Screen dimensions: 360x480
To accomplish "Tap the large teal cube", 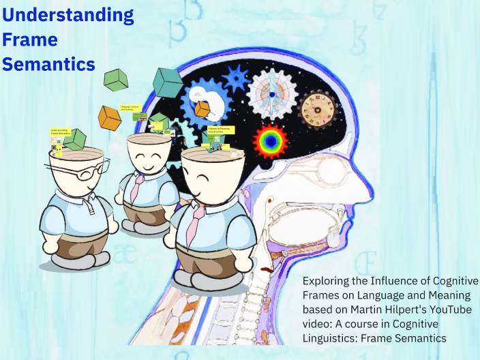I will [x=167, y=82].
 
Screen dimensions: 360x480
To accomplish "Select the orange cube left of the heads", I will [x=109, y=117].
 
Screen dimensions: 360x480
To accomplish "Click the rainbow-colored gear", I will [x=270, y=141].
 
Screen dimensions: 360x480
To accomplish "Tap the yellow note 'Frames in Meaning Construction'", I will [x=221, y=130].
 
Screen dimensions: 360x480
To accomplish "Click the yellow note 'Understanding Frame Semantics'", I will [x=60, y=131].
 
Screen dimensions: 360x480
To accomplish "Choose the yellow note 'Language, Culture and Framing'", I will [x=130, y=108].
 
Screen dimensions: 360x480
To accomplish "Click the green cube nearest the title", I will [x=116, y=80].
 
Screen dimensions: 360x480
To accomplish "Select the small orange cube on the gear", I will [x=202, y=109].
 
